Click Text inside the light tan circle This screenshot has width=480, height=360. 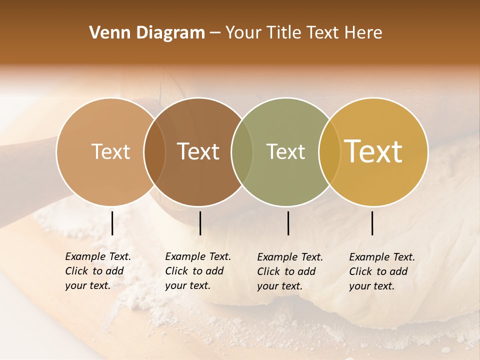pyautogui.click(x=110, y=151)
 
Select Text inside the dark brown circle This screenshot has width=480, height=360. pyautogui.click(x=198, y=151)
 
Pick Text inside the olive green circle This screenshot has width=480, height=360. pyautogui.click(x=285, y=151)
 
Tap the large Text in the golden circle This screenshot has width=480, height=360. pyautogui.click(x=373, y=151)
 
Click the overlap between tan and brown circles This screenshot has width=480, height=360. pyautogui.click(x=154, y=151)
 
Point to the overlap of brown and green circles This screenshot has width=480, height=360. pyautogui.click(x=242, y=151)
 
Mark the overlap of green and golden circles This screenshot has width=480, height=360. pyautogui.click(x=329, y=151)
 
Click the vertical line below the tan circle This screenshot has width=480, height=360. pyautogui.click(x=112, y=223)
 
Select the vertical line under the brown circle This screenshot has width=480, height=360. pyautogui.click(x=200, y=223)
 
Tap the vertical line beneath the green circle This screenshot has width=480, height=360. pyautogui.click(x=288, y=223)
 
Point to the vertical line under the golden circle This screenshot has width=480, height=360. pyautogui.click(x=372, y=223)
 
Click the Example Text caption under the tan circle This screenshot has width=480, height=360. pyautogui.click(x=97, y=271)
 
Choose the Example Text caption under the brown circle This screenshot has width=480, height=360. pyautogui.click(x=197, y=271)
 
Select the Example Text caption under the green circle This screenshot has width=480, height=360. pyautogui.click(x=289, y=271)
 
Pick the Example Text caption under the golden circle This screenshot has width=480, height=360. pyautogui.click(x=381, y=271)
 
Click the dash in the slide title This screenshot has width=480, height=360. pyautogui.click(x=215, y=33)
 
